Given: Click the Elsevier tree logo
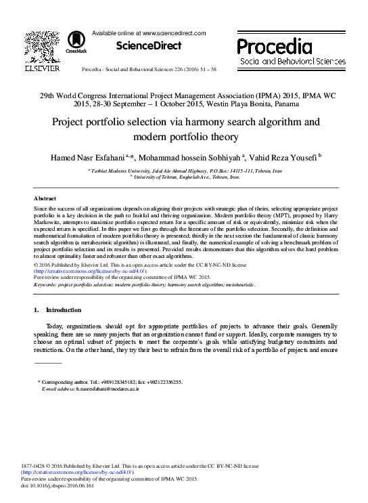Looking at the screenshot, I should pyautogui.click(x=42, y=47).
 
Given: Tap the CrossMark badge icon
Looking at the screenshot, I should pyautogui.click(x=72, y=43).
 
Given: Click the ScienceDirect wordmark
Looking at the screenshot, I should pyautogui.click(x=149, y=45).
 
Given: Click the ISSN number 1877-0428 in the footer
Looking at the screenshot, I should pyautogui.click(x=36, y=466).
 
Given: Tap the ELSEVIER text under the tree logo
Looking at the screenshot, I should pyautogui.click(x=42, y=68).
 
